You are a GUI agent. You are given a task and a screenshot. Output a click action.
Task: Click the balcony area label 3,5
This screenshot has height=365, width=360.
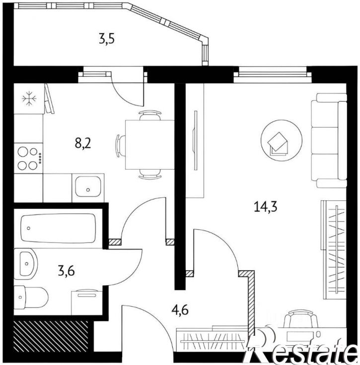point(107,39)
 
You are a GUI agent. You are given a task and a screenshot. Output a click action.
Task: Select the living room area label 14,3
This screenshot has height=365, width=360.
point(266,207)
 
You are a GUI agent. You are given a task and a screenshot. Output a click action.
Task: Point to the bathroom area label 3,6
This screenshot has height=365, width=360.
point(67,271)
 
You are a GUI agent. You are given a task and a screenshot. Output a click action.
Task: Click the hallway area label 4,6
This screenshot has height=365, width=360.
point(180,310)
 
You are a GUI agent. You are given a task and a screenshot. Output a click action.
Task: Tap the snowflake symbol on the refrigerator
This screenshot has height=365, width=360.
point(29,99)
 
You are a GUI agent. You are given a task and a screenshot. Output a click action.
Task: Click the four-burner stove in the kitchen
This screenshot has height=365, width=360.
point(28,158)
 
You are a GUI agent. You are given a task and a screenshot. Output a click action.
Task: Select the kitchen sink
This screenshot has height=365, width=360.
point(88,186)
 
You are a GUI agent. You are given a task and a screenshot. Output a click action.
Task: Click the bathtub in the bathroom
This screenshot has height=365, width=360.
point(58,228)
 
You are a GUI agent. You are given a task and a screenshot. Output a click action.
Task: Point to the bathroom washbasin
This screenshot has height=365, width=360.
point(26,264)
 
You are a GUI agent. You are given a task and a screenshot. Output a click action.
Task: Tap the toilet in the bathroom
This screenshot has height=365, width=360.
point(31,297)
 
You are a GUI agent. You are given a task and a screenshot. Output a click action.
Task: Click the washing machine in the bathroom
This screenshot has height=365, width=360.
point(87,303)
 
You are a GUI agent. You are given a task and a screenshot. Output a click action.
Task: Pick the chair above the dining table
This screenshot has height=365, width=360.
point(150,116)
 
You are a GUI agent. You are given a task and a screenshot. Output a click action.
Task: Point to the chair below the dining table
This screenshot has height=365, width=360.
point(150,174)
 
